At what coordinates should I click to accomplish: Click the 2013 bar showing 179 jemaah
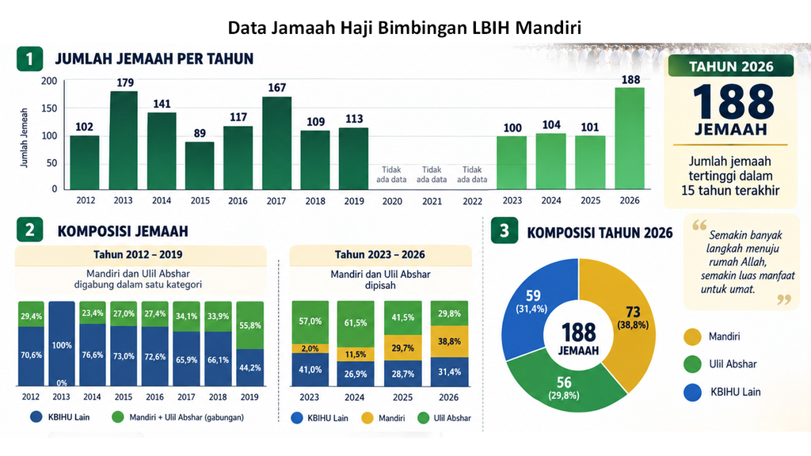[123, 140]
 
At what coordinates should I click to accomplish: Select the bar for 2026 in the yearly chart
[630, 138]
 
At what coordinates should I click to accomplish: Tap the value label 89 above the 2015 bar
[200, 133]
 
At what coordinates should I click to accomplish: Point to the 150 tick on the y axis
[49, 108]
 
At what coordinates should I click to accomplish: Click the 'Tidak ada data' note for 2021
[432, 174]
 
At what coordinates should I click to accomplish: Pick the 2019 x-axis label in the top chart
[354, 200]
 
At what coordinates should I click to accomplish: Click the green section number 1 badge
[29, 59]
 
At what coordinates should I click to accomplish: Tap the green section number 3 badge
[504, 231]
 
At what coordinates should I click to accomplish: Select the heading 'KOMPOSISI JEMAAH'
[123, 231]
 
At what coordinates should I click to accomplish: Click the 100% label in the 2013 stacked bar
[62, 345]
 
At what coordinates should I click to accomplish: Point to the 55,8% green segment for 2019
[249, 325]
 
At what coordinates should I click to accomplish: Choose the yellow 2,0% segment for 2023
[310, 348]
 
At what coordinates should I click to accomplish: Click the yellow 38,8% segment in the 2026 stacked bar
[450, 341]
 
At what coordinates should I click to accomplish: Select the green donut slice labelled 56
[564, 386]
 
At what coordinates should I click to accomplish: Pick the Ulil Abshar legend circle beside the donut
[692, 364]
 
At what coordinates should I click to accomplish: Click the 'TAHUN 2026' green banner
[731, 66]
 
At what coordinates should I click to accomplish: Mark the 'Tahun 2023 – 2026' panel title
[380, 254]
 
